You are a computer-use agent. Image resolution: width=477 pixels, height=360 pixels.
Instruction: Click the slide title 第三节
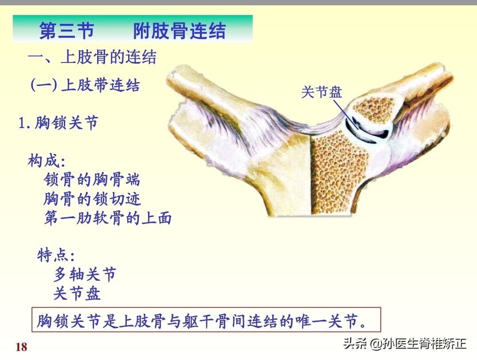pyautogui.click(x=66, y=31)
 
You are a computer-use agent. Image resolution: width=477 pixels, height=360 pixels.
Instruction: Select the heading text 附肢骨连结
pyautogui.click(x=179, y=31)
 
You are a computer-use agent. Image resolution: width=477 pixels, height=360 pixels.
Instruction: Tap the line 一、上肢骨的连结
pyautogui.click(x=92, y=58)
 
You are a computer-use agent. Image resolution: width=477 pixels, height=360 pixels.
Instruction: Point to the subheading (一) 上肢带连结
pyautogui.click(x=85, y=85)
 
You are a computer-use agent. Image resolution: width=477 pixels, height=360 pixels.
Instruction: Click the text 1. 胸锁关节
pyautogui.click(x=58, y=123)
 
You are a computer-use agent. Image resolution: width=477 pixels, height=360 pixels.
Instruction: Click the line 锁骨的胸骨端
pyautogui.click(x=92, y=180)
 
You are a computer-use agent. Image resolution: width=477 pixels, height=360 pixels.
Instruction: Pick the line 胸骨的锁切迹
pyautogui.click(x=92, y=199)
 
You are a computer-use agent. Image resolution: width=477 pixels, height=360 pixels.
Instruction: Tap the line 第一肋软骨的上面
pyautogui.click(x=108, y=218)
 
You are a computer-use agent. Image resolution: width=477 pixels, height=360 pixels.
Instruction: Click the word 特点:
pyautogui.click(x=55, y=255)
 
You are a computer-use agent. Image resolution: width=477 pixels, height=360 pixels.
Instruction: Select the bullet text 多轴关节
pyautogui.click(x=84, y=275)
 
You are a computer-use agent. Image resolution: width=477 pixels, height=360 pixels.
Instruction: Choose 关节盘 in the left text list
pyautogui.click(x=77, y=293)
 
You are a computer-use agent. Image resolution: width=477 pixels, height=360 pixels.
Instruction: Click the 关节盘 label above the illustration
pyautogui.click(x=321, y=92)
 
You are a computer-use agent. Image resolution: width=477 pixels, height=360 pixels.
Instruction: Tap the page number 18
pyautogui.click(x=21, y=347)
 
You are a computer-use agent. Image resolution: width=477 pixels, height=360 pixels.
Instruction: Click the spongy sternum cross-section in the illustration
pyautogui.click(x=339, y=177)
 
